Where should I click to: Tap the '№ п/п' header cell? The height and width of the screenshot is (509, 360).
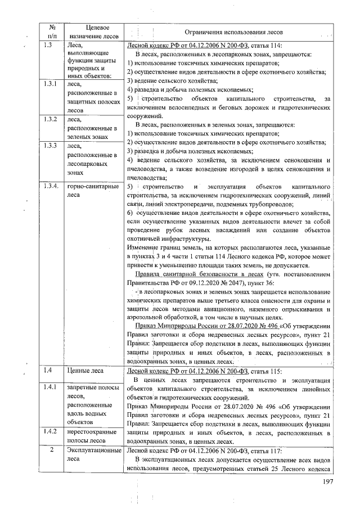[51, 32]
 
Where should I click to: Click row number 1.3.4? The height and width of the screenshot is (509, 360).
[51, 185]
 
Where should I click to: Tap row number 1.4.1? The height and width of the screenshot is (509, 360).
[51, 388]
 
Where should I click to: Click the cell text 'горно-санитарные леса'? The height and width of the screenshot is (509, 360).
[92, 190]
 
